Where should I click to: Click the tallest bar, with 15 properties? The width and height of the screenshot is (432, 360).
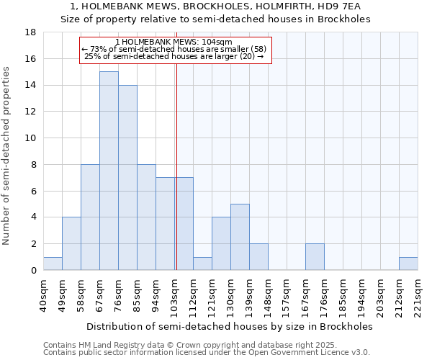pos(109,171)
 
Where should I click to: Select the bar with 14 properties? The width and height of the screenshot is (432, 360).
pos(127,177)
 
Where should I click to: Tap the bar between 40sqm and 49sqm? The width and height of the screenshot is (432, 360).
pos(53,264)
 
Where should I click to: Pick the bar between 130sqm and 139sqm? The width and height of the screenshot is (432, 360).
pos(240,237)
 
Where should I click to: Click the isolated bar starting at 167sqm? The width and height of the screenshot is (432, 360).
pos(315,257)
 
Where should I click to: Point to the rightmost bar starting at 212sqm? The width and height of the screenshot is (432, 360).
pos(408,264)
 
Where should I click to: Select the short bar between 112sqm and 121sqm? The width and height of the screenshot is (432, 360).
pos(202,264)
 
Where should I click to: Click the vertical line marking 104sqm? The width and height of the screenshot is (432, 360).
pos(176,166)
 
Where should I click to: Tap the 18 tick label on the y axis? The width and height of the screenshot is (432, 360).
pos(30,32)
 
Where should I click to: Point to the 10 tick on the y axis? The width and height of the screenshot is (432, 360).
pos(30,138)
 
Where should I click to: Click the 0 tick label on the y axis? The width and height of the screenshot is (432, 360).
pos(33,271)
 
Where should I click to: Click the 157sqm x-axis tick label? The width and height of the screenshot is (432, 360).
pos(287,296)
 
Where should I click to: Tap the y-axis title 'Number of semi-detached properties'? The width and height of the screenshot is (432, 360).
pos(7,155)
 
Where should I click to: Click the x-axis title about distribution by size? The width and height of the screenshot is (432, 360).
pos(230,326)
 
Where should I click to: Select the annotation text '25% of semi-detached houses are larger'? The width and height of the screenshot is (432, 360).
pos(174,56)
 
